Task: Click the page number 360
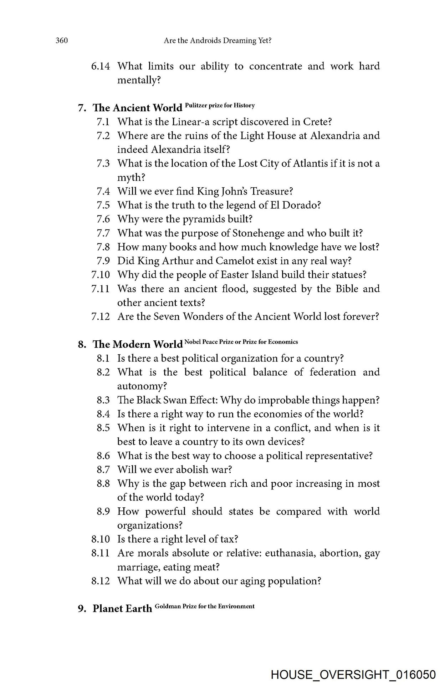tap(61, 41)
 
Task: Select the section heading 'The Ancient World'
tap(137, 108)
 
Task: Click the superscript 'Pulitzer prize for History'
tap(220, 105)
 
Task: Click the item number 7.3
tap(103, 163)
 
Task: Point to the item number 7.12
tap(101, 316)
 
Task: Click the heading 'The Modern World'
tap(138, 344)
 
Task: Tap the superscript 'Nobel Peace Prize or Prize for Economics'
tap(241, 342)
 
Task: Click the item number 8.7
tap(103, 470)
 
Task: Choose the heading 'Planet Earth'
tap(122, 609)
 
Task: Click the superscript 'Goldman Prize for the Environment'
tap(205, 606)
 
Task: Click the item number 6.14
tap(101, 66)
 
